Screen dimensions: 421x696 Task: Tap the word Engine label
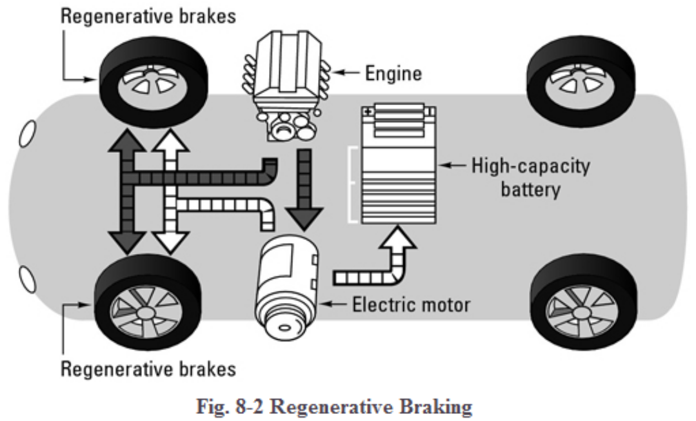click(x=393, y=73)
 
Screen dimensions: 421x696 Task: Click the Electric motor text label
click(x=411, y=304)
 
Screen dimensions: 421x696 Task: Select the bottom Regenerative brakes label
click(x=148, y=369)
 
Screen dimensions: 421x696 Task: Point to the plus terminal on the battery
click(x=369, y=112)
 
